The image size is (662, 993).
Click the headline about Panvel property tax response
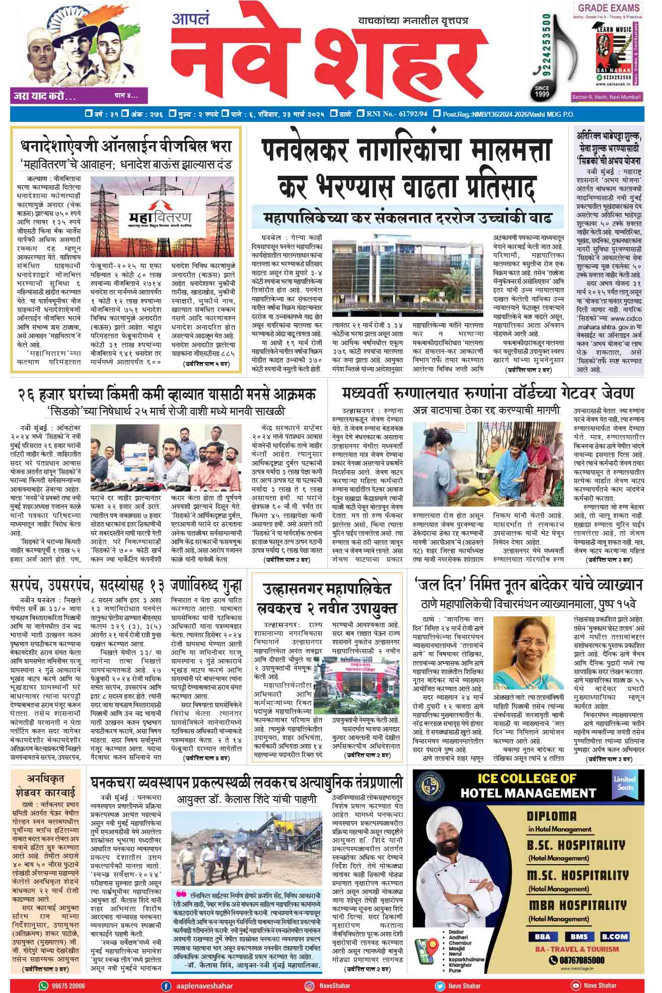[407, 169]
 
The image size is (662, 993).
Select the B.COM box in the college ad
[614, 937]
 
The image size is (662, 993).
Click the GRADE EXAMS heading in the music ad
[609, 8]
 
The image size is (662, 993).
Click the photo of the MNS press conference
[170, 458]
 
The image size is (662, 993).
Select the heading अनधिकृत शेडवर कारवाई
[45, 785]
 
